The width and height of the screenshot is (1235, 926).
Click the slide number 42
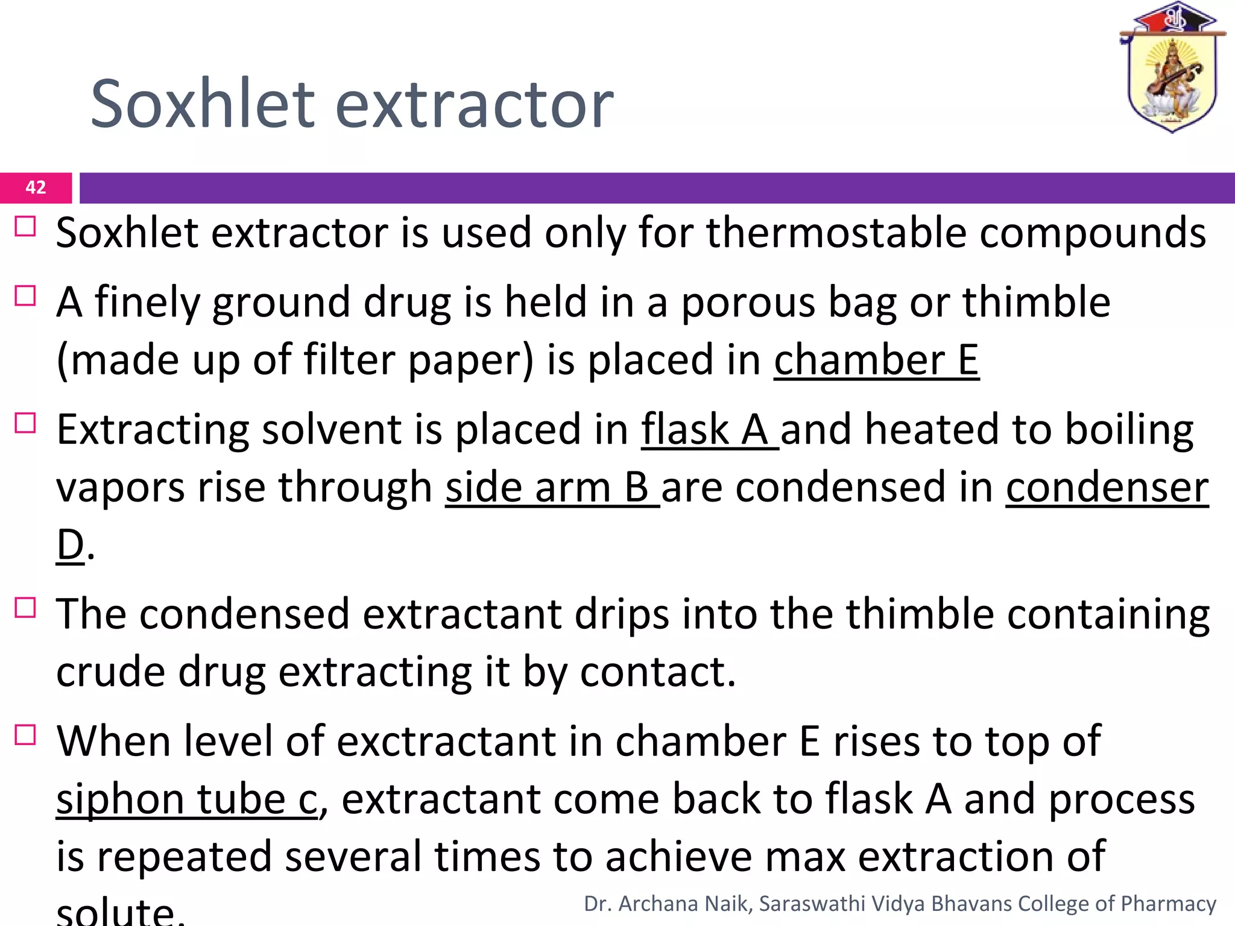36,187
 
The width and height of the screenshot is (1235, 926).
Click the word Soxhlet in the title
203,104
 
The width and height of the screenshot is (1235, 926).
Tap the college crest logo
1172,69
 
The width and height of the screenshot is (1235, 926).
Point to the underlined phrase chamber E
876,360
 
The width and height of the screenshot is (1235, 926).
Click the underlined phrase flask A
709,430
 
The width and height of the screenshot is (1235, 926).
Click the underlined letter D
70,544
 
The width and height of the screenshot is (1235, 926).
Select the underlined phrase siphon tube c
186,799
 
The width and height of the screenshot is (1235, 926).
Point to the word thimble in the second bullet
1036,302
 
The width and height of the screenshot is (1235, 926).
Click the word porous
748,302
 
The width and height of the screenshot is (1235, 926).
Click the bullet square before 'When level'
25,735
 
